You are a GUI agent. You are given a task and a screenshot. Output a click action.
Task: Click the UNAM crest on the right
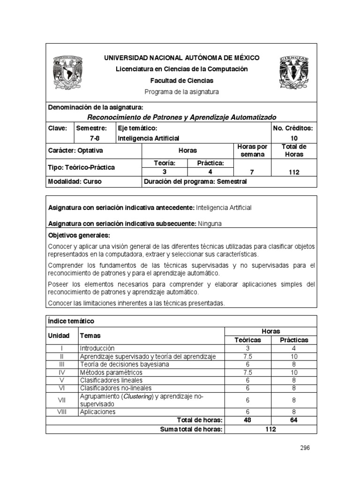pyautogui.click(x=294, y=71)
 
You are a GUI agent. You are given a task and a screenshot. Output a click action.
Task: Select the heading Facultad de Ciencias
pyautogui.click(x=181, y=81)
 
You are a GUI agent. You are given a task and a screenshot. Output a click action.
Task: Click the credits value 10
pyautogui.click(x=294, y=138)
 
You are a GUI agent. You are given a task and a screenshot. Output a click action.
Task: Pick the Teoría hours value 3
pyautogui.click(x=165, y=172)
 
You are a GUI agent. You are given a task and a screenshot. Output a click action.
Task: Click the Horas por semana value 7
pyautogui.click(x=253, y=172)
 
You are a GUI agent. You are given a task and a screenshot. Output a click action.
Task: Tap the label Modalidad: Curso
pyautogui.click(x=75, y=181)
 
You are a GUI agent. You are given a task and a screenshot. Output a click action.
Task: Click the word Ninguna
pyautogui.click(x=210, y=224)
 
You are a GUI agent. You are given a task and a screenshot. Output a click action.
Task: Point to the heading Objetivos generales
pyautogui.click(x=79, y=235)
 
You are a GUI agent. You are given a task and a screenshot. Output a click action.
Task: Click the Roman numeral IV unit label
pyautogui.click(x=62, y=372)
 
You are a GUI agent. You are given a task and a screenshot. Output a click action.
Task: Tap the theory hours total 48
pyautogui.click(x=247, y=420)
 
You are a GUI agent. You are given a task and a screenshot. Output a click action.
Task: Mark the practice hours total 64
pyautogui.click(x=294, y=420)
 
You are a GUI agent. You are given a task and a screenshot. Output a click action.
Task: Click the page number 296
pyautogui.click(x=305, y=448)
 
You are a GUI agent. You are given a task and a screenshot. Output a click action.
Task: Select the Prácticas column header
pyautogui.click(x=294, y=340)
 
